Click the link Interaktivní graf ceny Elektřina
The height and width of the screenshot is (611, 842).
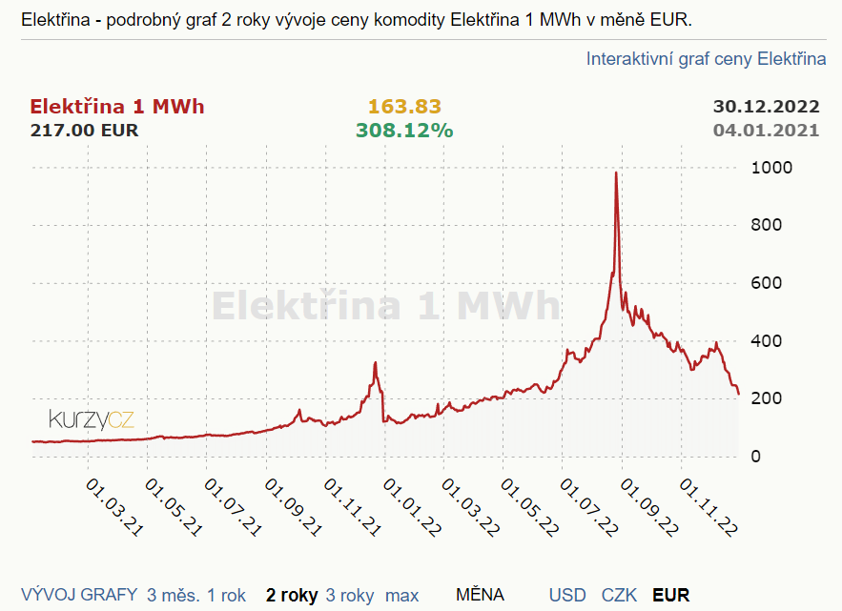pos(706,59)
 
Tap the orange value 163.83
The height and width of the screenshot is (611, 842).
pos(404,107)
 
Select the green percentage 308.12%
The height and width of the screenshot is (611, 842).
pos(404,130)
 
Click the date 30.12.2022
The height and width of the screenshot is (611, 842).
pos(766,107)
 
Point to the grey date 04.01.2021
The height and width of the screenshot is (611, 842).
pos(766,130)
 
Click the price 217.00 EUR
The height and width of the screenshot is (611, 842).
pos(85,130)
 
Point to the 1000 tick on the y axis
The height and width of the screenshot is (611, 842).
pos(771,168)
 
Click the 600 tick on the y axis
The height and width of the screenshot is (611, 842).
pos(767,283)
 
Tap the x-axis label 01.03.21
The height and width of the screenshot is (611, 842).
pos(115,506)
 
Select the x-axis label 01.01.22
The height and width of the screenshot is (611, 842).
pos(412,506)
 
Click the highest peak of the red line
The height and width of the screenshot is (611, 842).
pos(616,173)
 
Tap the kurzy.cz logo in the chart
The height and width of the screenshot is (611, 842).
pos(92,419)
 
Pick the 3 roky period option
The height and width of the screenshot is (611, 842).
pos(350,596)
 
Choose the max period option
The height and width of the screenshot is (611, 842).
pos(401,596)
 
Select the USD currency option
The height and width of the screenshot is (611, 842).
pos(567,596)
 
